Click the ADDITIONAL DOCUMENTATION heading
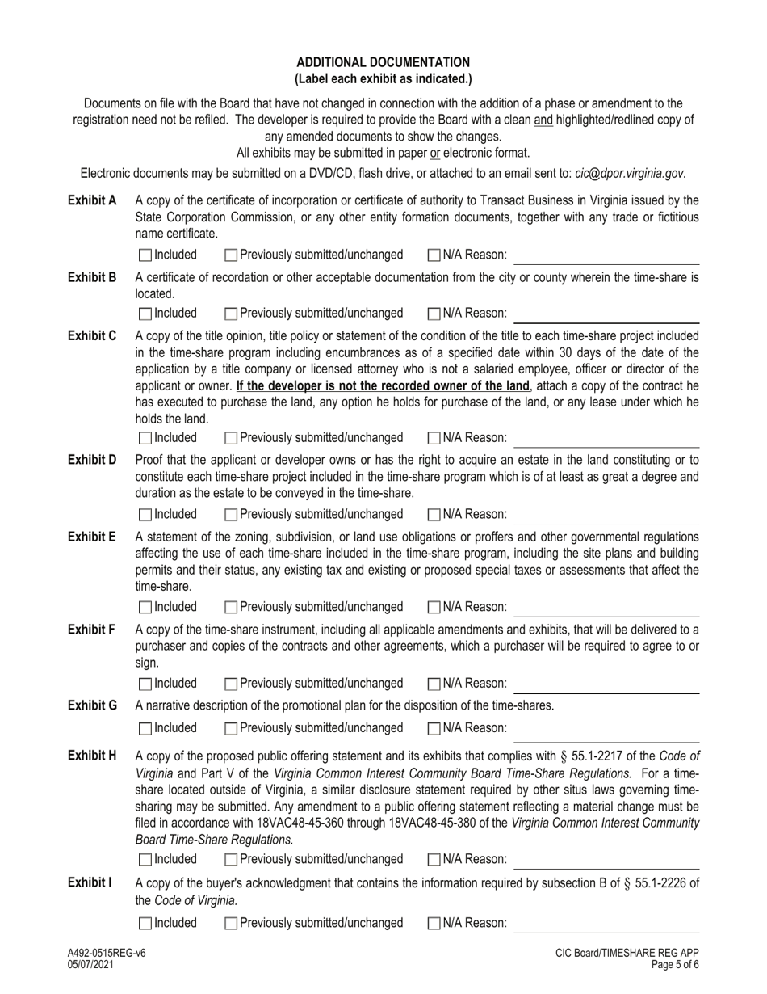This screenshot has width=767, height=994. pyautogui.click(x=383, y=62)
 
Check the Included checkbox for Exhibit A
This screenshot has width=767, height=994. pyautogui.click(x=145, y=255)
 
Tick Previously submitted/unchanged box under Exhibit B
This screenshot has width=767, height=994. pyautogui.click(x=231, y=314)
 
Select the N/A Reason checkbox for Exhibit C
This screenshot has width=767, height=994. pyautogui.click(x=434, y=438)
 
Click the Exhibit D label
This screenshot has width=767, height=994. pyautogui.click(x=92, y=460)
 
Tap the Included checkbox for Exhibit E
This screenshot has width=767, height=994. pyautogui.click(x=145, y=607)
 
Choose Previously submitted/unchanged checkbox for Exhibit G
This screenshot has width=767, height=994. pyautogui.click(x=231, y=728)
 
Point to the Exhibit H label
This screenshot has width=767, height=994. pyautogui.click(x=92, y=756)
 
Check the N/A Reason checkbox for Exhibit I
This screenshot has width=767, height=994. pyautogui.click(x=434, y=923)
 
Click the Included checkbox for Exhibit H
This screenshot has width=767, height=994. pyautogui.click(x=145, y=859)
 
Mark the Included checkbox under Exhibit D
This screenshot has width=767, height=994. pyautogui.click(x=145, y=514)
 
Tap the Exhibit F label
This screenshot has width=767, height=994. pyautogui.click(x=91, y=630)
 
